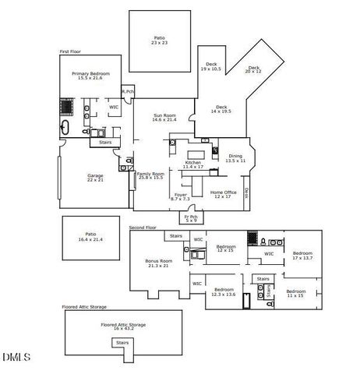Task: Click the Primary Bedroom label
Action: click(91, 76)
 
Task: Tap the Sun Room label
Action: click(164, 118)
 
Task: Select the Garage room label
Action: click(95, 178)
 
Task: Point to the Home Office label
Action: click(223, 194)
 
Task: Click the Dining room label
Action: click(235, 158)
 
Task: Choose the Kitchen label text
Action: click(192, 164)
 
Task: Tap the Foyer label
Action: click(181, 196)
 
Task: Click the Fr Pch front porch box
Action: click(190, 218)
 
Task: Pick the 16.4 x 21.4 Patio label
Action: click(90, 237)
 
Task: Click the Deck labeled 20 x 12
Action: click(254, 70)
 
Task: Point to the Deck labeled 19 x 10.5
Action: click(210, 67)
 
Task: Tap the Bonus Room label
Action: click(157, 263)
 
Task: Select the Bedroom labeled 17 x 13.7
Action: click(302, 256)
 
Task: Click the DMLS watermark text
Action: click(16, 358)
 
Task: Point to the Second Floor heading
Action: click(143, 228)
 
